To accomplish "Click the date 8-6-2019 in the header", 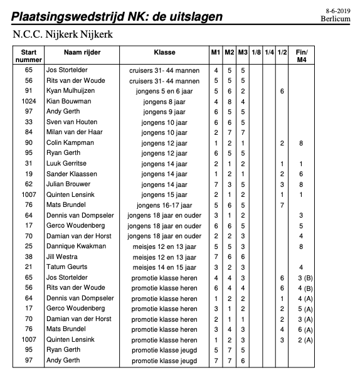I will (x=339, y=11).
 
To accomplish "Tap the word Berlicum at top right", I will (x=338, y=19).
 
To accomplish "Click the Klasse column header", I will (x=164, y=52).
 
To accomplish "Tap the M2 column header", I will (x=230, y=52).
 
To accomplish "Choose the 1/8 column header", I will (x=256, y=52).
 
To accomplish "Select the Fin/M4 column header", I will (x=301, y=55).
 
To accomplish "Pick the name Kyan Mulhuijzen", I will (x=72, y=91).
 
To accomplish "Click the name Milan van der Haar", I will (x=74, y=132).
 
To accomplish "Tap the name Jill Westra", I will (x=61, y=256).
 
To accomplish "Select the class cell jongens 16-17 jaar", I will (x=164, y=205).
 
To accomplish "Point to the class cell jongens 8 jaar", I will (x=164, y=102).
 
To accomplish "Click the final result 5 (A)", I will (x=301, y=309).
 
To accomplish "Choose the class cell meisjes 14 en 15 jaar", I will (x=164, y=267).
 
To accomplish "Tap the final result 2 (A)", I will (x=301, y=340).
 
